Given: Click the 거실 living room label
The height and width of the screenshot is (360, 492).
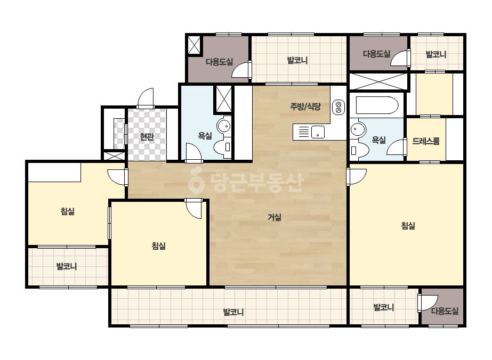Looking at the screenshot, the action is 274,217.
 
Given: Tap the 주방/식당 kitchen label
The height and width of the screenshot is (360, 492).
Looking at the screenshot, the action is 305,107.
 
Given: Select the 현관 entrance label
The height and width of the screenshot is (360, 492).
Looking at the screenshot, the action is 147,137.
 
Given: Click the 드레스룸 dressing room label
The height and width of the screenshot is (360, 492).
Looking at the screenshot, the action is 426,141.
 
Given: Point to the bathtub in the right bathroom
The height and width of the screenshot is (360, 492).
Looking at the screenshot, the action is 377,105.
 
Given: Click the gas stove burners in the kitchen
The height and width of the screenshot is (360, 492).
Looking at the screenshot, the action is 338,107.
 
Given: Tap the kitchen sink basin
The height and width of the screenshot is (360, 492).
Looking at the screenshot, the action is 318,132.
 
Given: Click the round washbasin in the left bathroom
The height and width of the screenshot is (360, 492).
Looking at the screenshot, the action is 224,126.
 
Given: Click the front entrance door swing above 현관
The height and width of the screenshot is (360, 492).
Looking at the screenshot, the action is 146,98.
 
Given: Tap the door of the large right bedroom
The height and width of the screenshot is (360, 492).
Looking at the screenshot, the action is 357,176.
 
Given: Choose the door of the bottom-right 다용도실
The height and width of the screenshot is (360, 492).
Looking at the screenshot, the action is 428,303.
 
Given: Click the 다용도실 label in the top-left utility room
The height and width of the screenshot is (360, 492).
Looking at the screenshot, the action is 219,62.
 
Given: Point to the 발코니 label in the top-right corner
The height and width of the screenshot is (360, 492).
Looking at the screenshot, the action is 435,54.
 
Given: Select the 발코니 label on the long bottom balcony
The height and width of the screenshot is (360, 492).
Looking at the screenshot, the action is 233,312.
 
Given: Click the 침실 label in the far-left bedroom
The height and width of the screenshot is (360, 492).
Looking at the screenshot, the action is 68,211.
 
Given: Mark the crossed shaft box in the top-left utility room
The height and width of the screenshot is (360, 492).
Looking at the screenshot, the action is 194,45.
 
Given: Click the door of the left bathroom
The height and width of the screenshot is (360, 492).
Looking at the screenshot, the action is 193,153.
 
